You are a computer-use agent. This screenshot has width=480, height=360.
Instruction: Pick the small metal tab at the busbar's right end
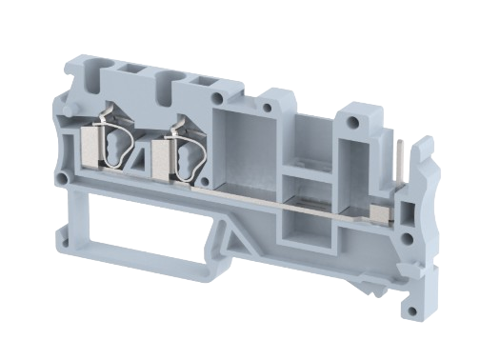click(376, 209)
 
